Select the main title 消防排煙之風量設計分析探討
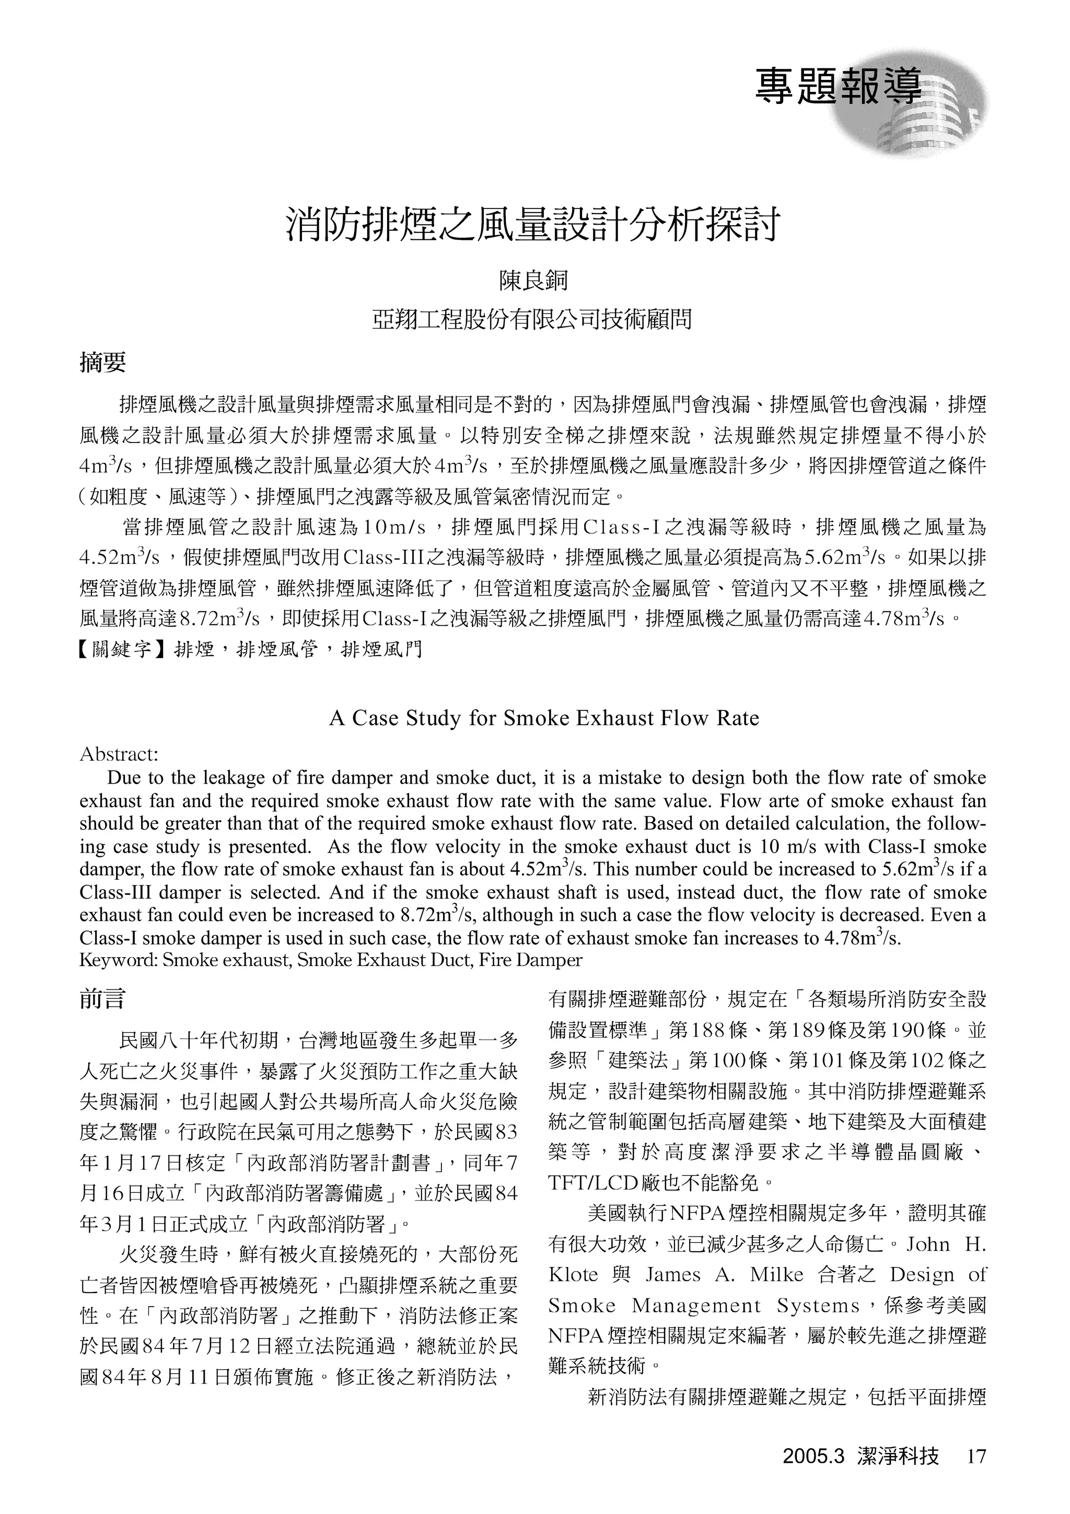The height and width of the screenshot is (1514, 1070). pyautogui.click(x=534, y=226)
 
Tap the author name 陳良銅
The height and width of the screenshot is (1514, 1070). pyautogui.click(x=534, y=282)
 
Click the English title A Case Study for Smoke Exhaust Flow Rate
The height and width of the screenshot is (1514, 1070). pyautogui.click(x=544, y=717)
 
